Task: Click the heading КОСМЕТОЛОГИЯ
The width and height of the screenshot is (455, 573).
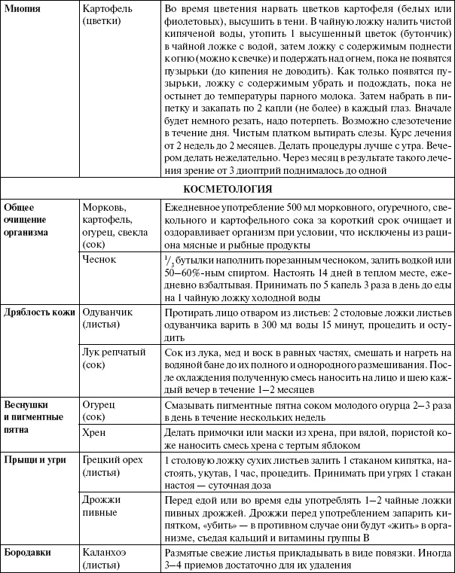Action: pyautogui.click(x=227, y=189)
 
